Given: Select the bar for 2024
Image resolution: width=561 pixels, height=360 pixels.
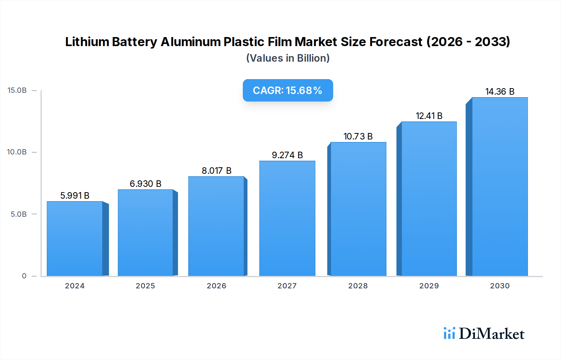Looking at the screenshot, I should [x=75, y=239].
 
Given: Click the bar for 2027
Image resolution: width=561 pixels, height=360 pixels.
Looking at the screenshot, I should [x=287, y=218].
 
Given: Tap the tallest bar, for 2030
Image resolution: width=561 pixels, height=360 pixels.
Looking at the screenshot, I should [x=500, y=187].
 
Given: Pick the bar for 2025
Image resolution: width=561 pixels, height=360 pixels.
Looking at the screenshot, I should [x=146, y=233].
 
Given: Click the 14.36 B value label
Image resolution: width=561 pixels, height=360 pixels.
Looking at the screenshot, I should [x=500, y=92].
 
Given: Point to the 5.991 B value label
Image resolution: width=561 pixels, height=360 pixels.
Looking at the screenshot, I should [x=75, y=196].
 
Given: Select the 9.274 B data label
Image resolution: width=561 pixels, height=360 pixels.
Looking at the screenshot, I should [x=287, y=155].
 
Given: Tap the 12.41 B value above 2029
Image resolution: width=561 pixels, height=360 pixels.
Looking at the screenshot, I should [x=429, y=116].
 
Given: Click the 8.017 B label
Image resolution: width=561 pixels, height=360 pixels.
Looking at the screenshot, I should [x=216, y=171].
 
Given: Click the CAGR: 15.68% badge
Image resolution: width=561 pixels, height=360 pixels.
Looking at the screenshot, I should [x=288, y=90].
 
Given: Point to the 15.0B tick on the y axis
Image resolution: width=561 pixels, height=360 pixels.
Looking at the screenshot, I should [x=17, y=90].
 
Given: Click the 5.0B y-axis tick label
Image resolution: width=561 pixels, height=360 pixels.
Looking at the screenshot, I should [x=19, y=214].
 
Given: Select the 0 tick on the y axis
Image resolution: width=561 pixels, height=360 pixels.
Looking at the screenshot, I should [x=24, y=276].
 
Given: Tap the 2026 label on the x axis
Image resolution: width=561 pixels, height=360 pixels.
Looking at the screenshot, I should [x=216, y=286].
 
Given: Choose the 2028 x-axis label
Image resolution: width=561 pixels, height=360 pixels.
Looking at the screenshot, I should [x=358, y=286].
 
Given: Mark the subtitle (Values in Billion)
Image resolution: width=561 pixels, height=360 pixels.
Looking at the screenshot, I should [x=288, y=58].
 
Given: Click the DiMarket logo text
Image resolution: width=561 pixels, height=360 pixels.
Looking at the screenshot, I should [x=491, y=334].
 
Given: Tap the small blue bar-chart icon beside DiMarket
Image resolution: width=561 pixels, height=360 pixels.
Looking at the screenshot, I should [x=449, y=333].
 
